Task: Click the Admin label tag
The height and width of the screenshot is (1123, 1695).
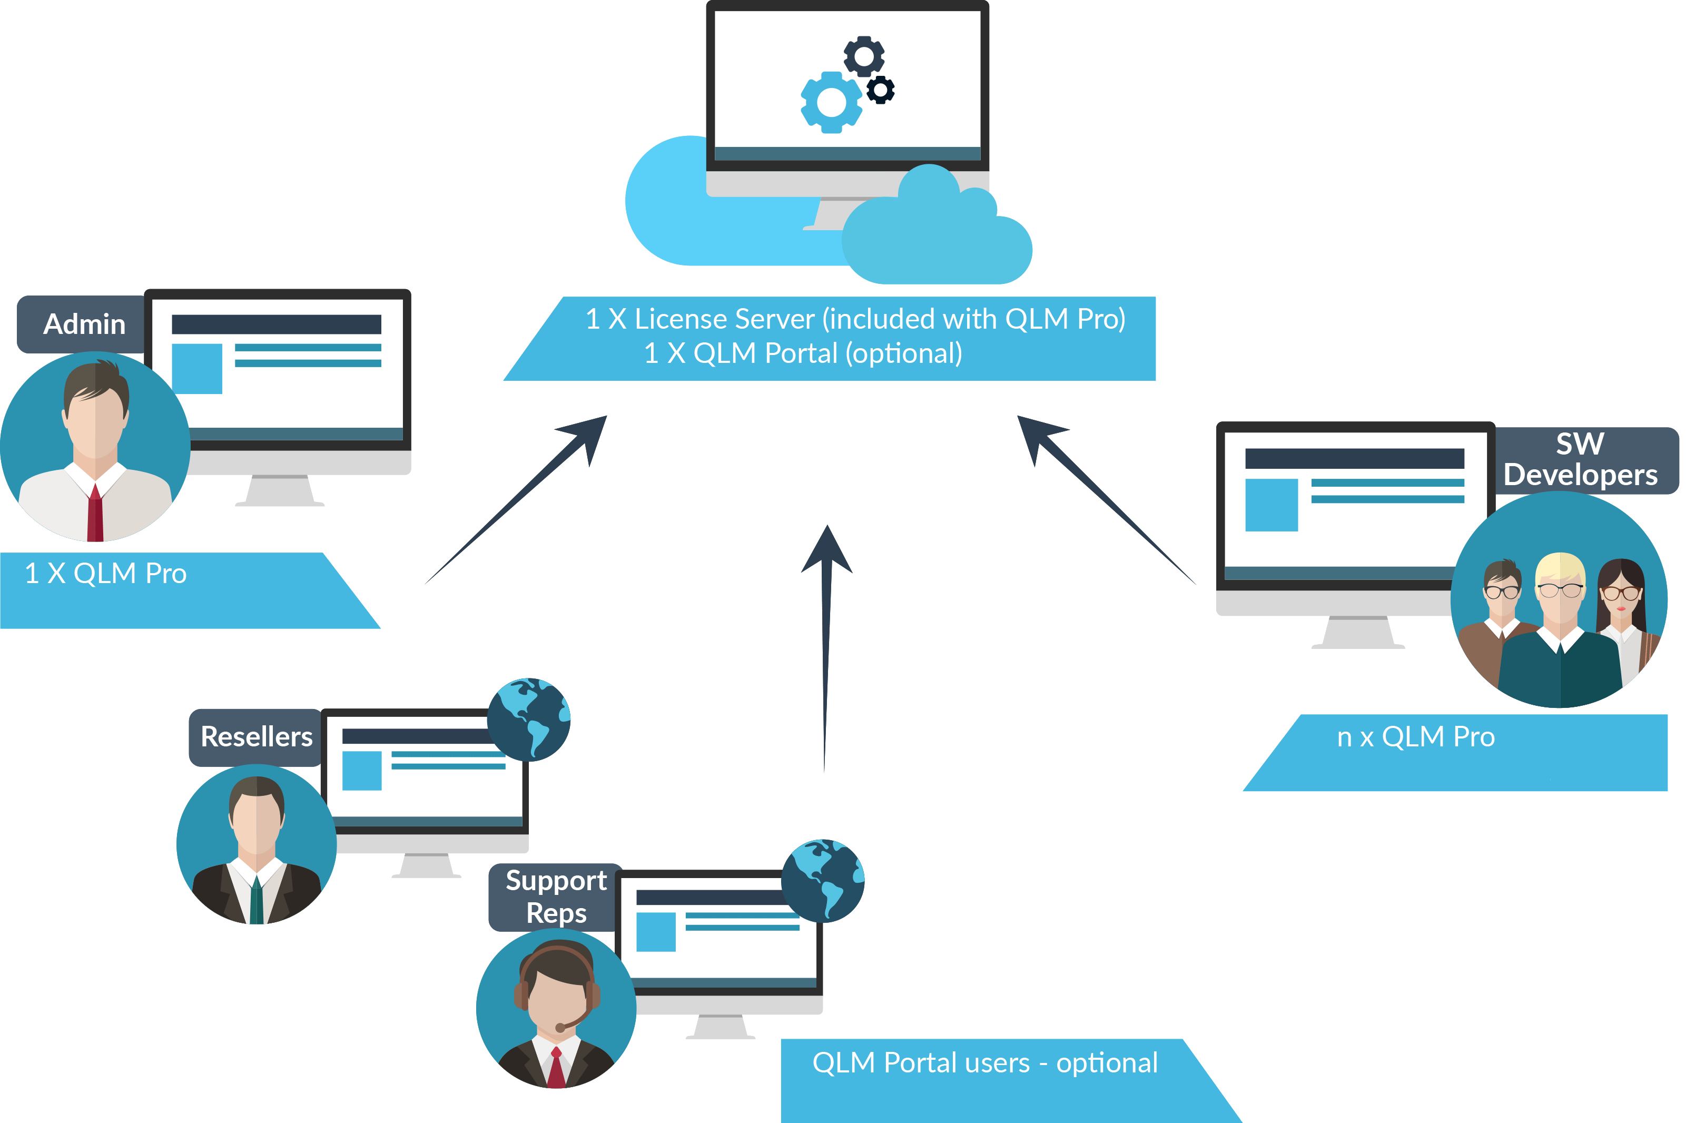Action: point(84,324)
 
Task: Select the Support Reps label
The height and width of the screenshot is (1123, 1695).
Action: point(556,897)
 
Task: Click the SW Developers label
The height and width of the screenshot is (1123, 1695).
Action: point(1580,460)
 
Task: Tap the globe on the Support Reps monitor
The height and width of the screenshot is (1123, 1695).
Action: point(823,880)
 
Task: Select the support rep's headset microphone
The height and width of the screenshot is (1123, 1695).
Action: point(561,1028)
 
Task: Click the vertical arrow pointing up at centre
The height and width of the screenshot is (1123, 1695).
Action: point(826,645)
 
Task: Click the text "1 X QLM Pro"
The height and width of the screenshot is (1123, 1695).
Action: point(105,574)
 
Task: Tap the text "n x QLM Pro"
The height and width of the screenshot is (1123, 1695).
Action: point(1416,737)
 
